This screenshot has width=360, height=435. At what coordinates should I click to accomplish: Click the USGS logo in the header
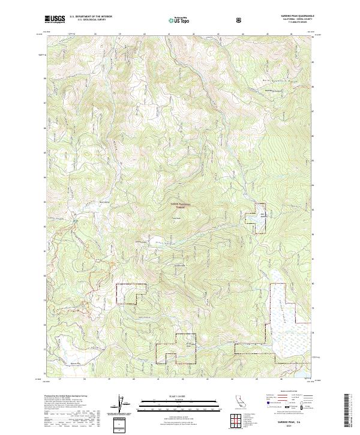(x=55, y=19)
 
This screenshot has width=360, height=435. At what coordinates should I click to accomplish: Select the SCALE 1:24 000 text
(x=180, y=396)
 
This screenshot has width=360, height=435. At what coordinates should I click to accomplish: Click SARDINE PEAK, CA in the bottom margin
(x=290, y=422)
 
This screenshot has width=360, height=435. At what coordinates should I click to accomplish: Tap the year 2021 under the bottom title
(x=290, y=426)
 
